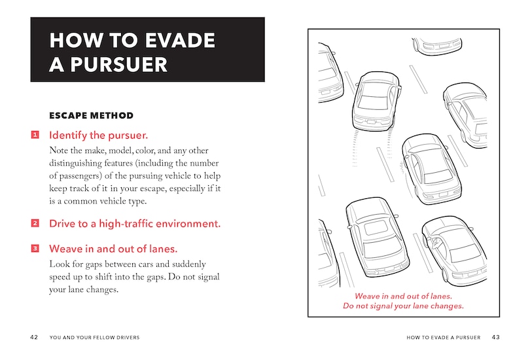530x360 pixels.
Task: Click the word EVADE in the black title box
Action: coord(175,41)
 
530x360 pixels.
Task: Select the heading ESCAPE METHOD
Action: coord(91,116)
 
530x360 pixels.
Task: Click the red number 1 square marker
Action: coord(35,136)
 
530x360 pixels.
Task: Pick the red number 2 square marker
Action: coord(35,224)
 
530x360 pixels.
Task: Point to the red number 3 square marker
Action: coord(35,249)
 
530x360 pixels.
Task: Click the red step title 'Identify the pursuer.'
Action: coord(99,136)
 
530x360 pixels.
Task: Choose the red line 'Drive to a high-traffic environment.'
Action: coord(135,224)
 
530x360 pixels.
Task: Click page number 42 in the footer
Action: coord(34,338)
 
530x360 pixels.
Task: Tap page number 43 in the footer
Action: coord(495,338)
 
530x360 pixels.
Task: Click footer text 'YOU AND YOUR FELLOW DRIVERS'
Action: coord(94,338)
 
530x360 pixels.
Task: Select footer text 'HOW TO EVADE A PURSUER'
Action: coord(443,338)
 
